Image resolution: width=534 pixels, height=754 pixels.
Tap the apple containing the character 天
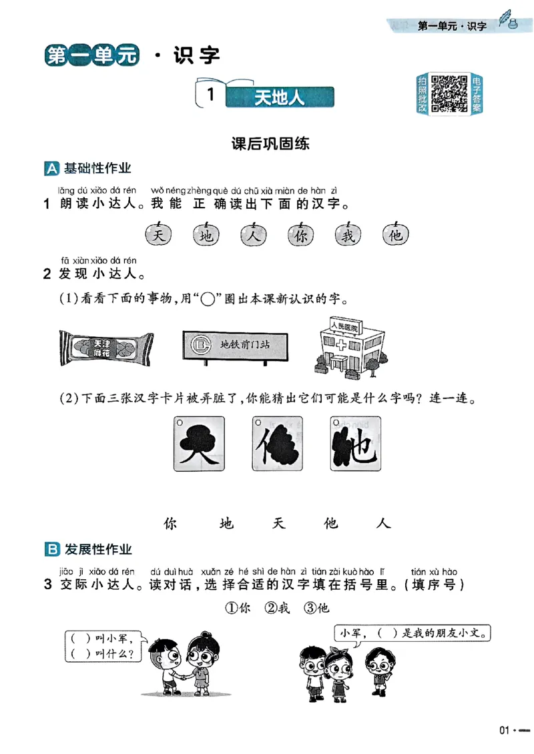tap(158, 234)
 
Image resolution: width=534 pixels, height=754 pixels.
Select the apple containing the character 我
tap(348, 234)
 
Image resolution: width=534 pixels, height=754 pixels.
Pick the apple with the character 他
tap(396, 234)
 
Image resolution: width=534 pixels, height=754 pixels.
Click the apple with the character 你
tap(301, 234)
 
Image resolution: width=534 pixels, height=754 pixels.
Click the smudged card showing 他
tap(354, 444)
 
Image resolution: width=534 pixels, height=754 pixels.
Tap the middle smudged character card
tap(276, 444)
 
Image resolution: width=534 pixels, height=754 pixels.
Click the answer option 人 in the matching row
tap(383, 524)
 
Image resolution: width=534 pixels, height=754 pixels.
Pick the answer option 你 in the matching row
tap(172, 524)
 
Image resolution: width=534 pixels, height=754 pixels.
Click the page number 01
tap(505, 730)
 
